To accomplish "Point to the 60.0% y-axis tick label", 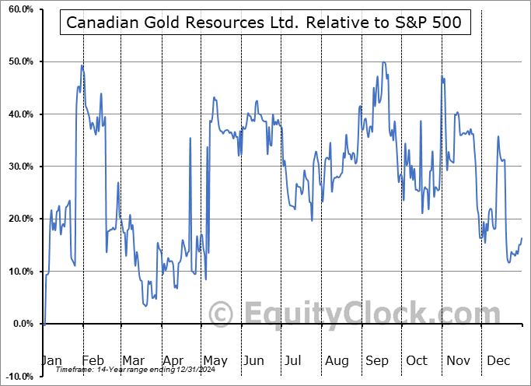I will [x=18, y=9].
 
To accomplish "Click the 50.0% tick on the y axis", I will [x=18, y=61].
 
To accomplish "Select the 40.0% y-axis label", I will [x=18, y=114].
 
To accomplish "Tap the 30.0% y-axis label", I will [x=18, y=167].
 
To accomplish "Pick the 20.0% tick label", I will [x=18, y=219].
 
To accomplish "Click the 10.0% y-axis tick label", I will [x=18, y=272].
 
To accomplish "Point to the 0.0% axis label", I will [x=20, y=324].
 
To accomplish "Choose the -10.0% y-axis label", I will [x=16, y=376].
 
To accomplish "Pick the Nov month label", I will [x=459, y=361].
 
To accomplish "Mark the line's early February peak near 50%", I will [x=82, y=65].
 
